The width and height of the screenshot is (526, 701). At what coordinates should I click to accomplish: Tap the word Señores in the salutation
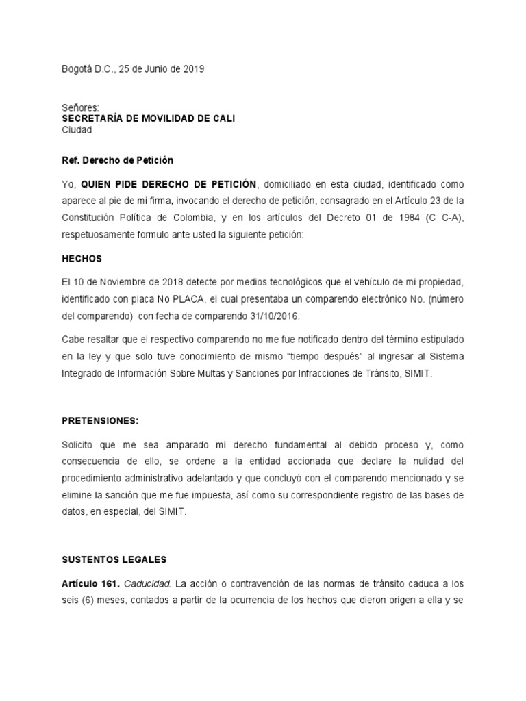click(80, 108)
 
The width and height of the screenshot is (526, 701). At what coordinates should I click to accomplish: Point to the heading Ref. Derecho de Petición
click(117, 160)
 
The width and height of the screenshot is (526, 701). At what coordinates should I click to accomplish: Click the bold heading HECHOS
click(82, 259)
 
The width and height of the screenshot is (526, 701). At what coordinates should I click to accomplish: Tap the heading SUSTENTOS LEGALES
click(114, 559)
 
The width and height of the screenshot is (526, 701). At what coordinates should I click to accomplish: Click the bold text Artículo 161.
click(90, 585)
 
